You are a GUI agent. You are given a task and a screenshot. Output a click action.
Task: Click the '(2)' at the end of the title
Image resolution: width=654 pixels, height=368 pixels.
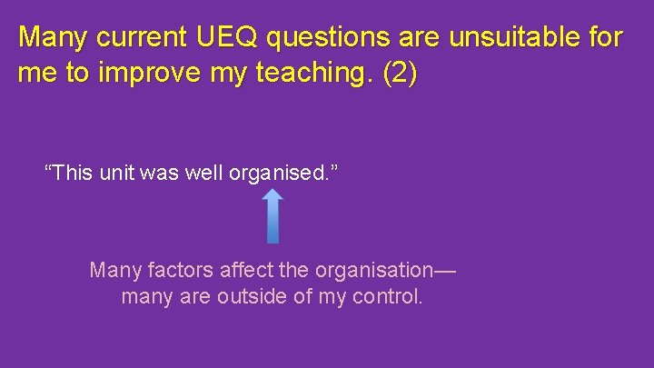pos(400,75)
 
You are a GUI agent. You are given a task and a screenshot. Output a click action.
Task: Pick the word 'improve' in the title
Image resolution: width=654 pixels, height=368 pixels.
pos(135,75)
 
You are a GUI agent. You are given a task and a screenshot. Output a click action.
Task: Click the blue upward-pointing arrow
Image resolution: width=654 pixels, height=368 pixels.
pos(272,216)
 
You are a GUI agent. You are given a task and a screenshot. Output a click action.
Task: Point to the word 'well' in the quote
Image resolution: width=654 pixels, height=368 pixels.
pos(205,172)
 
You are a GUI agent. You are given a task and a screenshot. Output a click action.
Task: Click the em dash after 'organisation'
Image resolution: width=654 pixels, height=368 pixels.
pos(443,270)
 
